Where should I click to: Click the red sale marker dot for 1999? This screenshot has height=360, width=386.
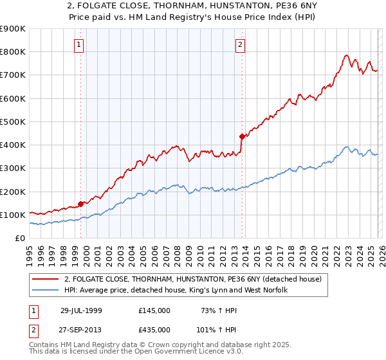81,204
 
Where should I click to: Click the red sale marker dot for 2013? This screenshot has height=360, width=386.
242,136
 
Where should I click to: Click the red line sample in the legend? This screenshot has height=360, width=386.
46,279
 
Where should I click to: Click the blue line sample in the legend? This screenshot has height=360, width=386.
46,290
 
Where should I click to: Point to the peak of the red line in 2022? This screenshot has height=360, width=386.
346,55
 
